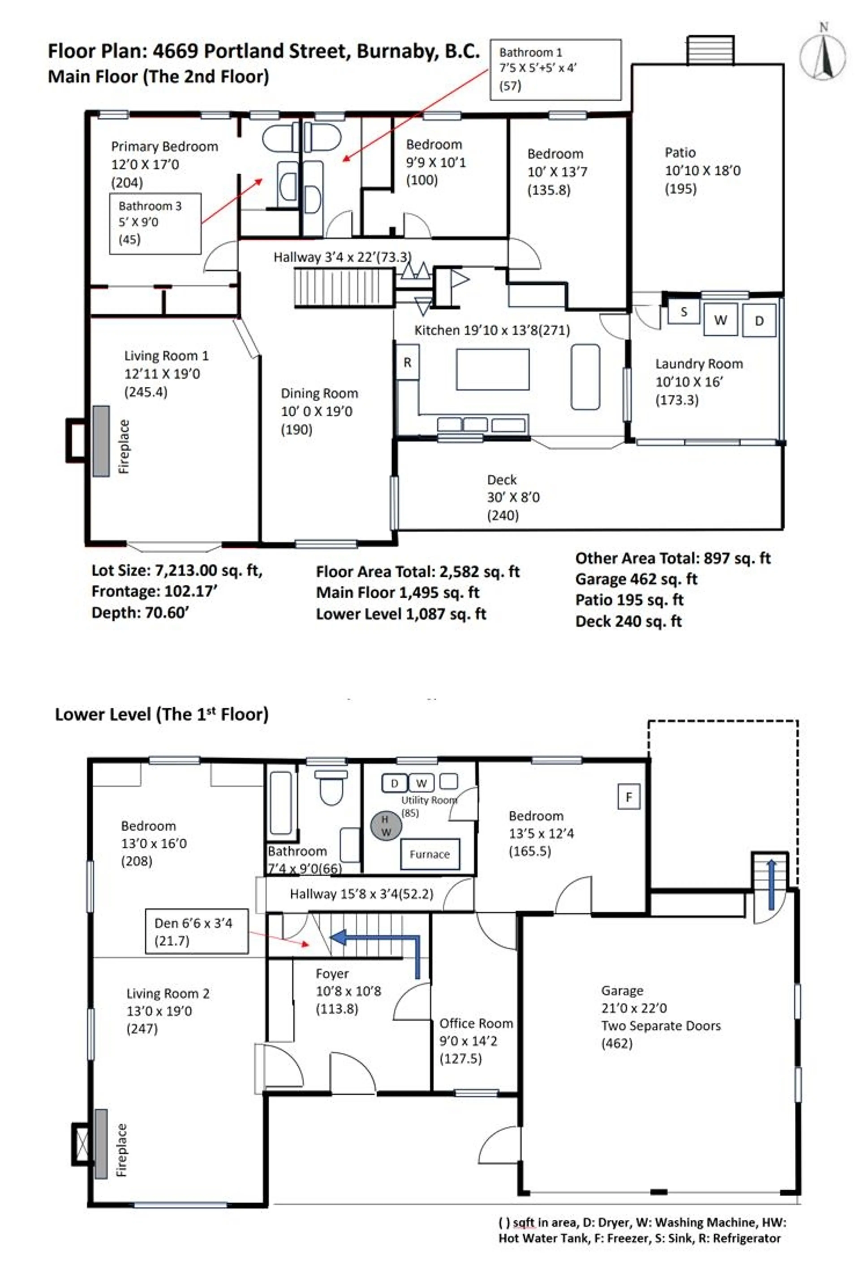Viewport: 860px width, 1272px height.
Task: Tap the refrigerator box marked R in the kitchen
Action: tap(407, 362)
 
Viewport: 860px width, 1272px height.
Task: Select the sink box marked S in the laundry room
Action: tap(683, 312)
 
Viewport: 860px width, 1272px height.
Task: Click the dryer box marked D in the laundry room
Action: tap(759, 320)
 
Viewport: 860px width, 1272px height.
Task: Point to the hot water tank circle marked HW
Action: tap(386, 825)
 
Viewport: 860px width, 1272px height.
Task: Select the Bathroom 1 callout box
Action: tap(555, 70)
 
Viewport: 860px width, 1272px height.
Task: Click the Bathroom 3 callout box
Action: tap(155, 223)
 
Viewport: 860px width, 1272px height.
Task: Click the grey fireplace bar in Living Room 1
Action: tap(101, 441)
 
